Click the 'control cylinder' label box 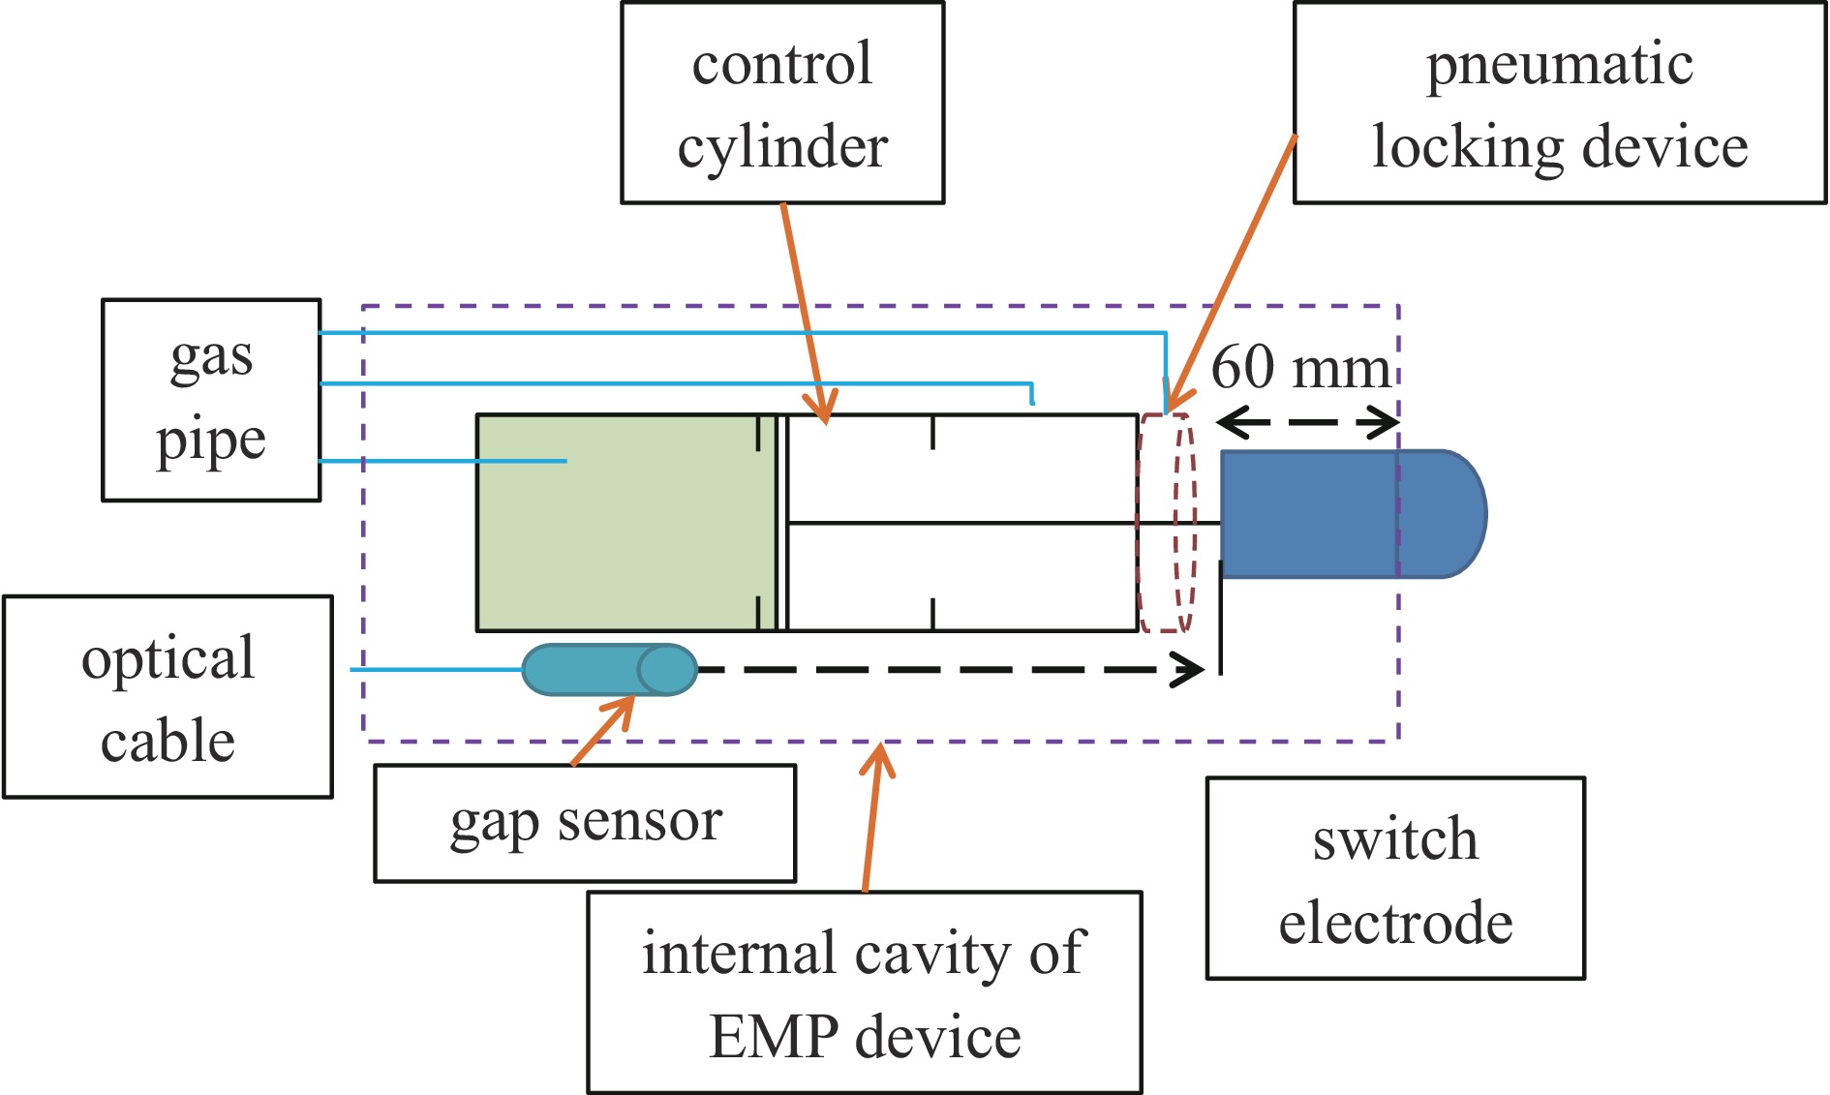(782, 103)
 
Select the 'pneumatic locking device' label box (1560, 103)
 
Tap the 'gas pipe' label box (211, 400)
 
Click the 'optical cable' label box (168, 697)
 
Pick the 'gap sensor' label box (585, 823)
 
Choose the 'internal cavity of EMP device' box (865, 992)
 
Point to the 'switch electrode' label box (1395, 878)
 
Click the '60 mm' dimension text (1300, 368)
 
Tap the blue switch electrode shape (1346, 514)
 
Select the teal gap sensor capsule (609, 669)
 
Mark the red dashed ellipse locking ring (1167, 523)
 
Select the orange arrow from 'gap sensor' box (602, 731)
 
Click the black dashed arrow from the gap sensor (949, 669)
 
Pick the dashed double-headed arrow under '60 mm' (1307, 422)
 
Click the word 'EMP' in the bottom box (773, 1037)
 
